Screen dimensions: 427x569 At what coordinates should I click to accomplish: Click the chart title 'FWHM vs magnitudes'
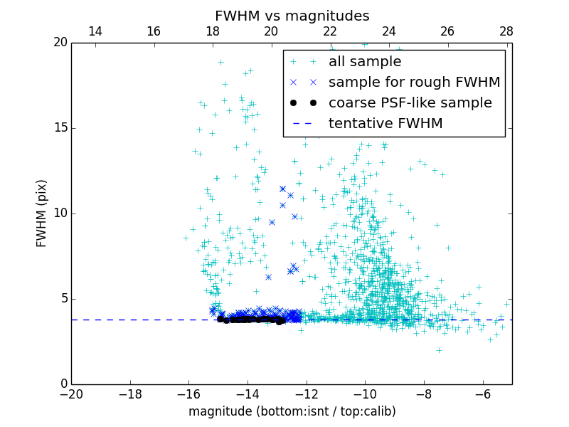tap(292, 16)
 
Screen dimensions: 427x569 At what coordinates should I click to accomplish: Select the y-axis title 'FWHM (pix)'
tap(42, 213)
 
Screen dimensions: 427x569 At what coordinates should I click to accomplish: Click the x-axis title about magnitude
tap(292, 411)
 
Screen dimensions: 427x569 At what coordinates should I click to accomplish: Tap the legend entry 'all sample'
tap(365, 62)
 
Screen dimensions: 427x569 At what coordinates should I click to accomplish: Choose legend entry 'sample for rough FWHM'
tap(414, 83)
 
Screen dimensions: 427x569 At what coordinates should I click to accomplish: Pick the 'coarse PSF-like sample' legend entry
tap(410, 103)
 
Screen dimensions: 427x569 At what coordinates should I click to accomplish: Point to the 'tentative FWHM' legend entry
tap(385, 124)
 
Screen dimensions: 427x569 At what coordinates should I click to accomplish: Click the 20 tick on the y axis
tap(60, 43)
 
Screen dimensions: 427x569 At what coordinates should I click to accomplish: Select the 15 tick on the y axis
tap(60, 128)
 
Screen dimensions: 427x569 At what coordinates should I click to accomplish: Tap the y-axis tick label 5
tap(63, 298)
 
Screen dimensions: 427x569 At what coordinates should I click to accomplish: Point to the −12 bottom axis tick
tap(306, 394)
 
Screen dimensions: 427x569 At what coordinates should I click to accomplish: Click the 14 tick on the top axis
tap(95, 31)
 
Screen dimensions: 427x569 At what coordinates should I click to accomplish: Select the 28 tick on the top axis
tap(506, 31)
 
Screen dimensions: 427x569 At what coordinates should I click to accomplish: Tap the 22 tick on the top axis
tap(330, 31)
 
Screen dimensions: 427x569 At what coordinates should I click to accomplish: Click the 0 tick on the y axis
tap(63, 384)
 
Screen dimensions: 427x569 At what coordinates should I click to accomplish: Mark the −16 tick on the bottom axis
tap(188, 394)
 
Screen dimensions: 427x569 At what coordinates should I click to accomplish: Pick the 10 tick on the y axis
tap(60, 213)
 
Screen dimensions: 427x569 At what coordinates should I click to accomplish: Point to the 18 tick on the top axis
tap(212, 31)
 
